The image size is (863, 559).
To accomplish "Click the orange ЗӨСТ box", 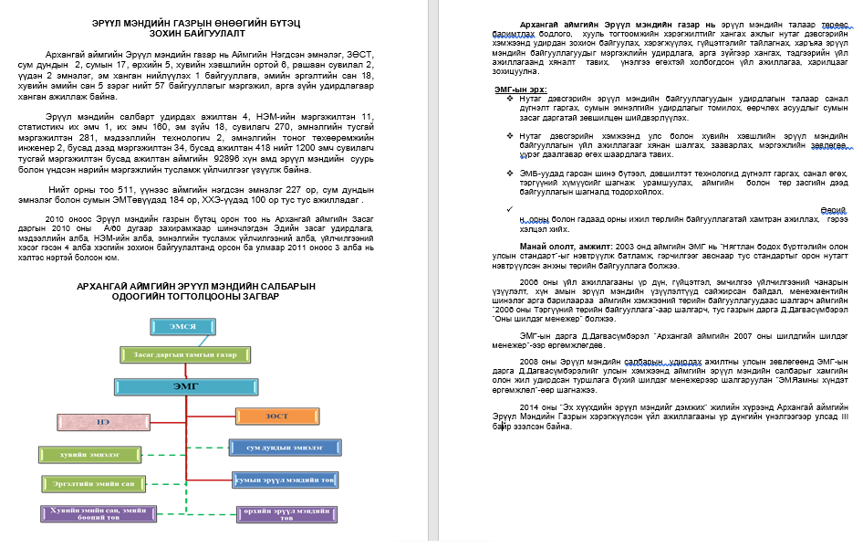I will (x=277, y=417).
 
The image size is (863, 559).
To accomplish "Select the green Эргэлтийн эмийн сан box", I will (x=88, y=482).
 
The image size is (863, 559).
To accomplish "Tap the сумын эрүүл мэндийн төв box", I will (x=286, y=479).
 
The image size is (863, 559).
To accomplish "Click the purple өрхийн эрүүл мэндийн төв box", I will (x=286, y=514).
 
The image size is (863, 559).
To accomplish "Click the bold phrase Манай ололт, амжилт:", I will (x=565, y=246).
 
